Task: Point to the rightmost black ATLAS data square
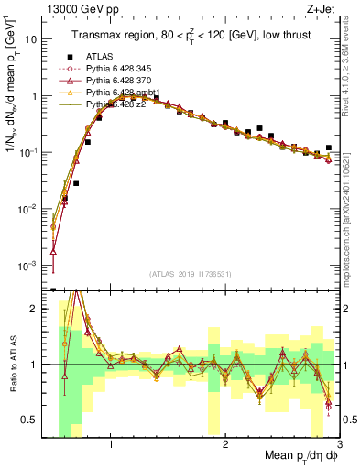(328, 147)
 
